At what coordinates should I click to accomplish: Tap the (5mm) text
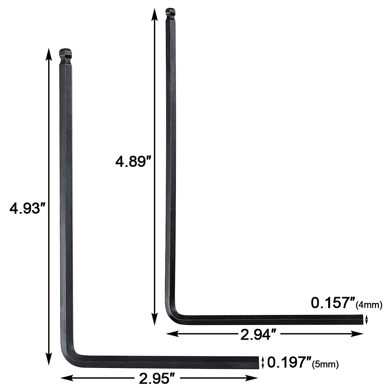click(325, 365)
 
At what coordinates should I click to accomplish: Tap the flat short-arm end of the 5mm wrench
click(258, 362)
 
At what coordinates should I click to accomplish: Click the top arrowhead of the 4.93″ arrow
click(48, 53)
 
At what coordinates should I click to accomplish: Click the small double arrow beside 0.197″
click(263, 362)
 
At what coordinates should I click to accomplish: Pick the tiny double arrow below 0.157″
click(366, 320)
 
